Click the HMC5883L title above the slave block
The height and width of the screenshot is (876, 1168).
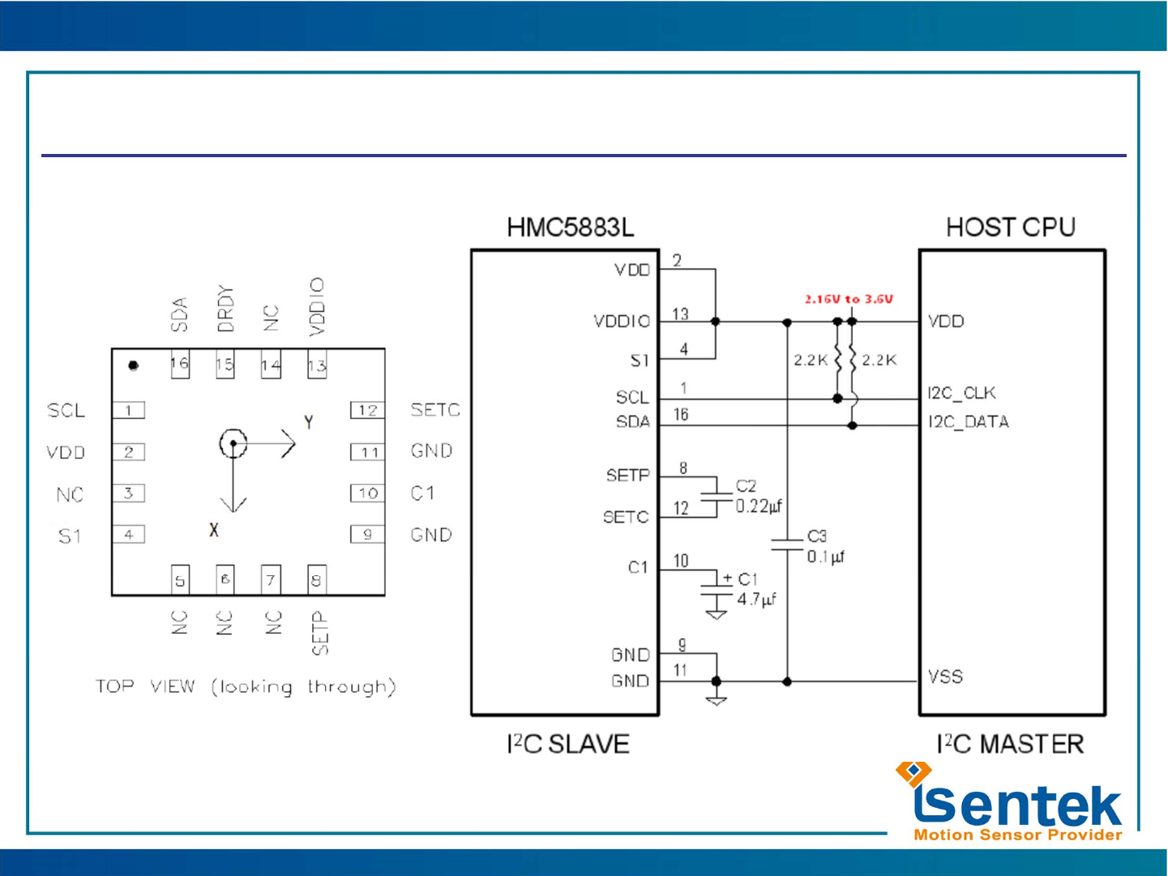click(570, 228)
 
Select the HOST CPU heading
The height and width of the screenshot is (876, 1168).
click(1010, 228)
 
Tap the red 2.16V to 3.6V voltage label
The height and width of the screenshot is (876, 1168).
click(849, 299)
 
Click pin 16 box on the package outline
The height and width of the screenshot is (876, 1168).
click(179, 364)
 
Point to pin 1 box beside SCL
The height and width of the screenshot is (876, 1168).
click(128, 410)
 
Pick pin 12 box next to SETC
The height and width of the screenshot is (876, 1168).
click(367, 410)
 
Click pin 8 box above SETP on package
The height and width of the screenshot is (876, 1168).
click(317, 579)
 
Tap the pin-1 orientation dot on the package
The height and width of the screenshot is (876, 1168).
click(134, 365)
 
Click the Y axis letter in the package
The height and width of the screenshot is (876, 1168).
click(308, 422)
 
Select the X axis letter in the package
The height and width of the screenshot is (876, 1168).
click(214, 530)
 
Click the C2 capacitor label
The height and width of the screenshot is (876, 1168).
click(746, 486)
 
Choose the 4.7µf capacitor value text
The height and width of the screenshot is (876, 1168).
click(756, 600)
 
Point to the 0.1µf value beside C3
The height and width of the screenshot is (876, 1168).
click(825, 557)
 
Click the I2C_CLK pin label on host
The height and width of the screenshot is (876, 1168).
click(961, 393)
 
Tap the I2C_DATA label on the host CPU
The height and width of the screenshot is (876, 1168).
click(968, 422)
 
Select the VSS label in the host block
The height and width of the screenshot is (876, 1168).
click(945, 677)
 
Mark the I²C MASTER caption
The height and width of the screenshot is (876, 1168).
click(1010, 744)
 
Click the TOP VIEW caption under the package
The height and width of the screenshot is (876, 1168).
click(246, 687)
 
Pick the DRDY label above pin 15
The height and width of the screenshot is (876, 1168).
click(225, 309)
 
